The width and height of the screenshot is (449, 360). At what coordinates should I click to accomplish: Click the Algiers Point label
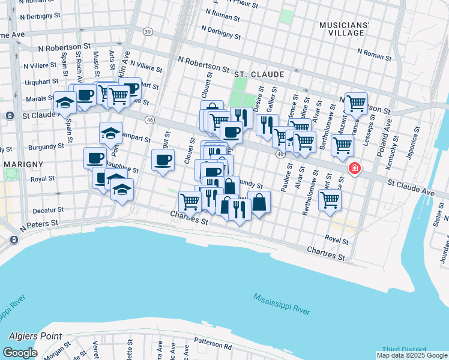click(x=37, y=337)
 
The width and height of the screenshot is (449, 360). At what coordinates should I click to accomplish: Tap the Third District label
click(x=403, y=350)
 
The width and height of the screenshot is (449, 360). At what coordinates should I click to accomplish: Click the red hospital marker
click(x=354, y=168)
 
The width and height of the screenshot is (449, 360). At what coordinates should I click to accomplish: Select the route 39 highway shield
click(x=148, y=31)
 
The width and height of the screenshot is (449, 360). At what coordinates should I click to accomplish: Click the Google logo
click(x=20, y=352)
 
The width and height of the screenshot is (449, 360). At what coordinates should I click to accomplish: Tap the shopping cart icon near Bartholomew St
click(x=330, y=200)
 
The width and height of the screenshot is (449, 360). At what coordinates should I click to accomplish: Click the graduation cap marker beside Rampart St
click(x=110, y=133)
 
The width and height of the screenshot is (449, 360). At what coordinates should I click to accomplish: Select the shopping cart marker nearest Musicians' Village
click(x=356, y=103)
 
